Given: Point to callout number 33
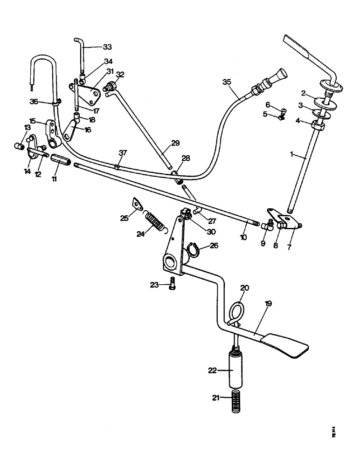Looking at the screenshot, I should [x=108, y=47].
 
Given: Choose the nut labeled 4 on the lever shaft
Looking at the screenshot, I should [x=318, y=125].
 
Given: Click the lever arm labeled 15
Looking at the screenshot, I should [x=53, y=133].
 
